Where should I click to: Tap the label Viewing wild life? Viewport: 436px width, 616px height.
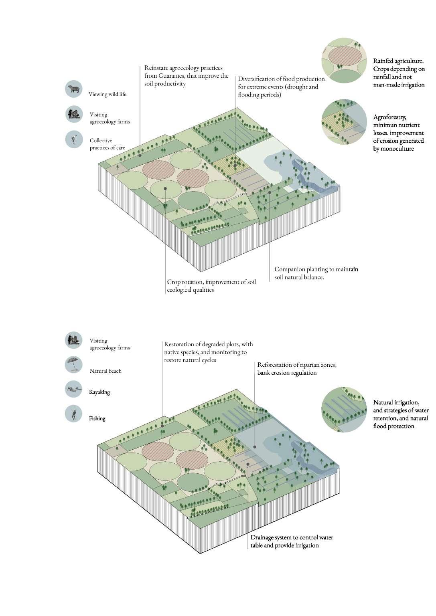pos(107,94)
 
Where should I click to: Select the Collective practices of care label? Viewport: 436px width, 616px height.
pos(106,144)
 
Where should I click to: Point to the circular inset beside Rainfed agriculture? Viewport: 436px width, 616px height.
pos(345,61)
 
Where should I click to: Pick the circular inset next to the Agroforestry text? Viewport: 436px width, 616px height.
pos(344,122)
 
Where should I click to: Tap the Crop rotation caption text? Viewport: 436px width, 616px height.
pos(211,286)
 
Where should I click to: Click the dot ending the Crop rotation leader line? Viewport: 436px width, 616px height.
pos(165,188)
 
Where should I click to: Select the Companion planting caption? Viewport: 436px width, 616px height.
pos(316,273)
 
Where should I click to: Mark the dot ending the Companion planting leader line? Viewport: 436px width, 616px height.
pos(270,192)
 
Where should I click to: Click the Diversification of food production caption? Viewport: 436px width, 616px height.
pos(281,87)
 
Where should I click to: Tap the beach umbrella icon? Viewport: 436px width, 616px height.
pos(73,366)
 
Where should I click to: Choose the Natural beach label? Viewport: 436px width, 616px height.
pos(105,371)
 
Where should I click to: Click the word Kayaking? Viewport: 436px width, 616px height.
pos(99,392)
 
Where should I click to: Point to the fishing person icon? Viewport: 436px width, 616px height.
pos(73,414)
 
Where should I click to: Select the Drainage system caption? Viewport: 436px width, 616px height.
pos(292,541)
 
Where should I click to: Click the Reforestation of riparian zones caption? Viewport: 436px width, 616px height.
pos(297,369)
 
